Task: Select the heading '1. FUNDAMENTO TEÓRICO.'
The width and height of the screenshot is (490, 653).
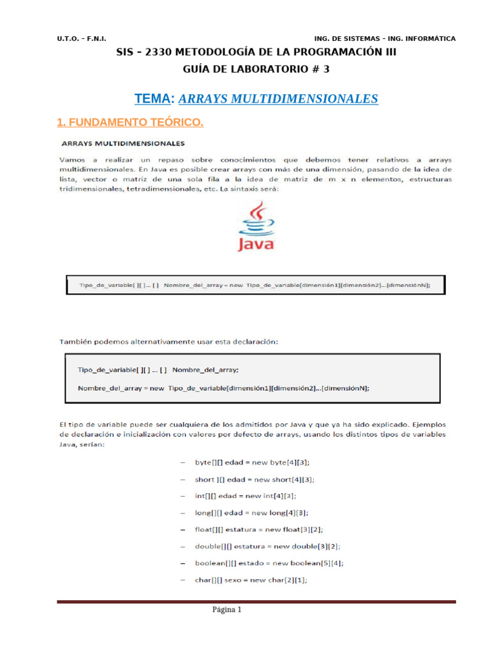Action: tap(130, 121)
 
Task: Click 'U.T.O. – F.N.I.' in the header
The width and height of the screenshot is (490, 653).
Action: tap(84, 39)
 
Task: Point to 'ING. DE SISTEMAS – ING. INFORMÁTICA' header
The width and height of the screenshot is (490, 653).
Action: tap(385, 39)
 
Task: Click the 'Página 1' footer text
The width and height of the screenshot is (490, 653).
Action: tap(227, 610)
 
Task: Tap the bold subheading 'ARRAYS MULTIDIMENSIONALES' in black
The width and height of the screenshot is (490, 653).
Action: tap(122, 142)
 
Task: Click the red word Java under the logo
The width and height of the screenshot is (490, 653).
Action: tap(256, 244)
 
